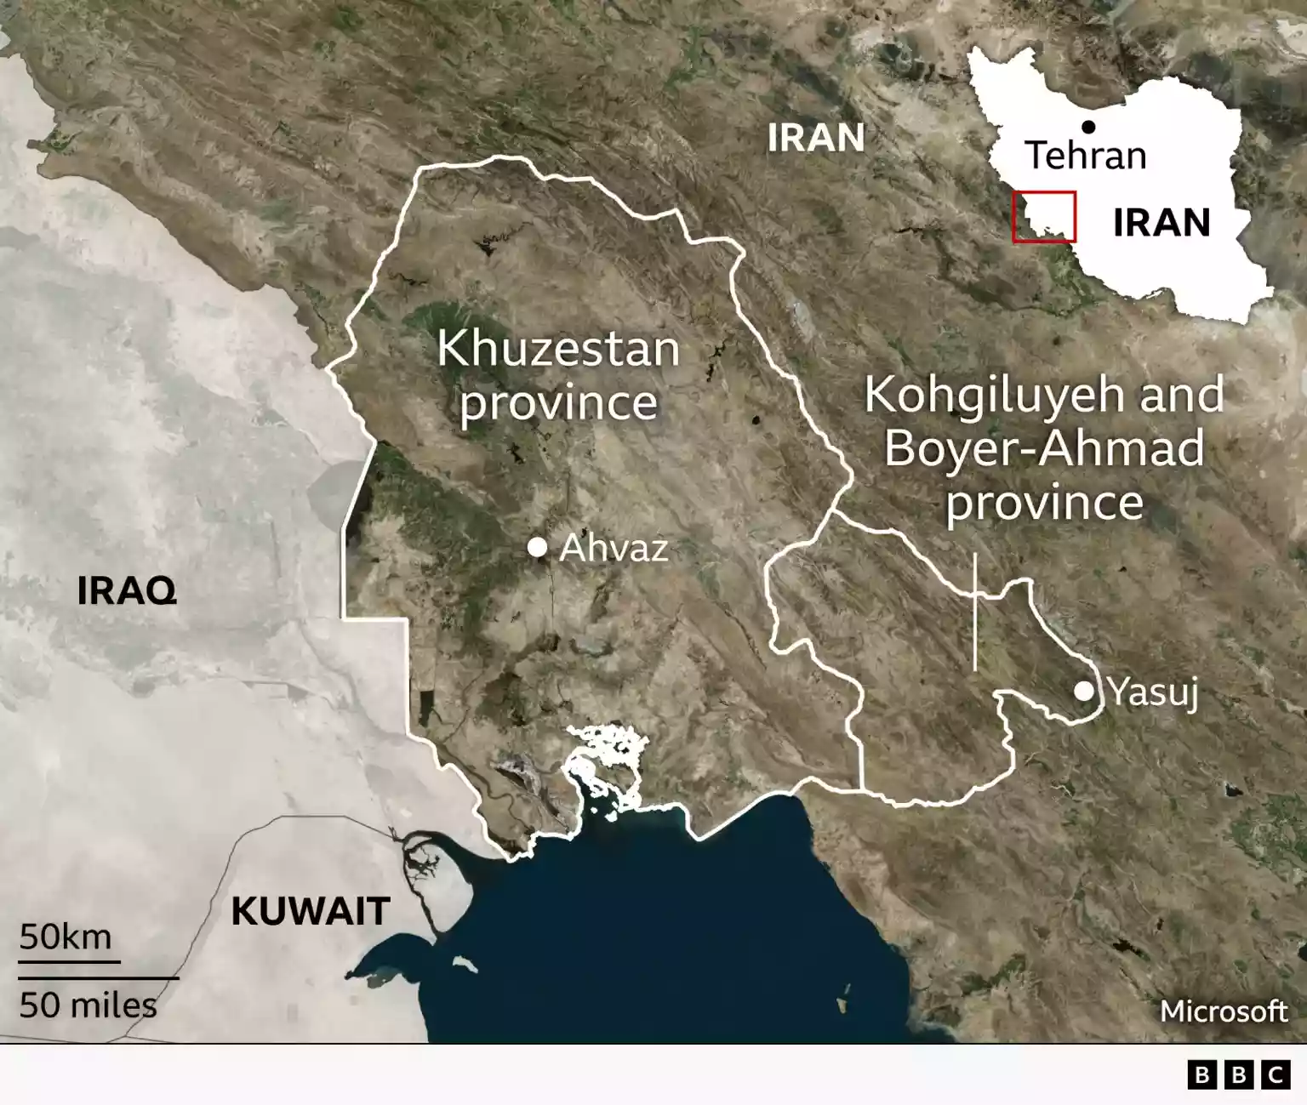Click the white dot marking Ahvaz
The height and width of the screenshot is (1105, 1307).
[537, 547]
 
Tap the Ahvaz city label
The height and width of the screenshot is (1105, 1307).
[614, 548]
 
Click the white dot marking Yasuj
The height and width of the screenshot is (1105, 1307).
[1083, 691]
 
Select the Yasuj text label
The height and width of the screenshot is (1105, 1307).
[1153, 692]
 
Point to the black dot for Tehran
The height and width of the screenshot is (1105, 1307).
[1088, 127]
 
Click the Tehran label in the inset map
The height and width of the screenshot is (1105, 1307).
[1086, 156]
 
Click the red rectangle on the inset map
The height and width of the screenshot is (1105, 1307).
[1044, 217]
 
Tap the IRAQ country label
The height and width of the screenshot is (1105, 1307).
[127, 590]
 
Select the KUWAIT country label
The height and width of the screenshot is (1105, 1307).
[311, 912]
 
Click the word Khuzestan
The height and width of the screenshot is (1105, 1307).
[558, 349]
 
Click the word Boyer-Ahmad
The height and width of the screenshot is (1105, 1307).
[1044, 448]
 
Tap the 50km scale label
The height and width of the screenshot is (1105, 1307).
[66, 937]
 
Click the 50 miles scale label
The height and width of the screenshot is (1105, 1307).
[88, 1005]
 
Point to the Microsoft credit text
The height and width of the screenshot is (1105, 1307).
[1224, 1011]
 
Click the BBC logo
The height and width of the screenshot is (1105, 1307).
[1238, 1075]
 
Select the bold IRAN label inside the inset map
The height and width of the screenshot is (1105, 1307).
[1161, 223]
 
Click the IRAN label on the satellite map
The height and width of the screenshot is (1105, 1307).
[816, 138]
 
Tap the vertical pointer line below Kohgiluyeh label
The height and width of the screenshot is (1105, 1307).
[974, 612]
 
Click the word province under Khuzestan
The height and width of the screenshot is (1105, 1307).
[558, 402]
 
